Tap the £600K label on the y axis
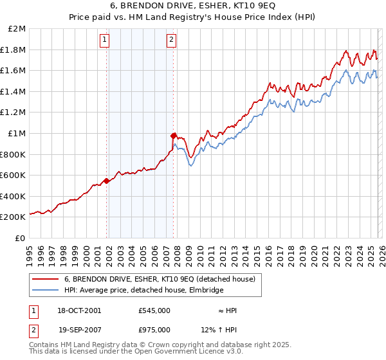tap(14, 175)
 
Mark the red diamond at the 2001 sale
tap(107, 181)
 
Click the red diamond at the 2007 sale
tap(173, 136)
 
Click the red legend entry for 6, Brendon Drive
tap(160, 279)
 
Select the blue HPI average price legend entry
tap(143, 291)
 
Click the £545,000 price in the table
tap(154, 310)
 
